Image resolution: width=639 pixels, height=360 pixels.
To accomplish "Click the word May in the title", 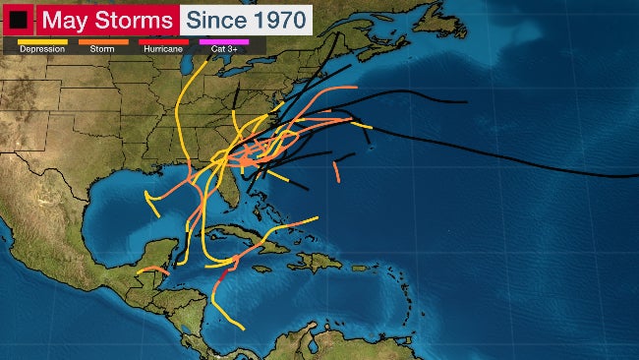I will pos(64,19).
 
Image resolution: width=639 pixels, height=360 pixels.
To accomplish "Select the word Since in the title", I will pos(214,19).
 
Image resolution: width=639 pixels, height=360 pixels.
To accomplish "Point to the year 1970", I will pos(275,19).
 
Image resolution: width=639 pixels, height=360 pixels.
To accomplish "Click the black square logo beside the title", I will pos(18,19).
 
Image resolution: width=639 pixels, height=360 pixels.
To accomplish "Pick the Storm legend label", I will pos(103,48).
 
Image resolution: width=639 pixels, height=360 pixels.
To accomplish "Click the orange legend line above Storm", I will pos(103,41).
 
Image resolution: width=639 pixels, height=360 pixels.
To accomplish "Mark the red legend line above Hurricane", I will pos(165,41).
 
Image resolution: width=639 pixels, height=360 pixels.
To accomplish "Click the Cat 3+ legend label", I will pos(224,48).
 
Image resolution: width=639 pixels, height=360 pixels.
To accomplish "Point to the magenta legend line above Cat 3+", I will pos(225,41).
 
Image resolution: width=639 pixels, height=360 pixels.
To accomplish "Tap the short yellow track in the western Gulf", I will pos(150,203).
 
